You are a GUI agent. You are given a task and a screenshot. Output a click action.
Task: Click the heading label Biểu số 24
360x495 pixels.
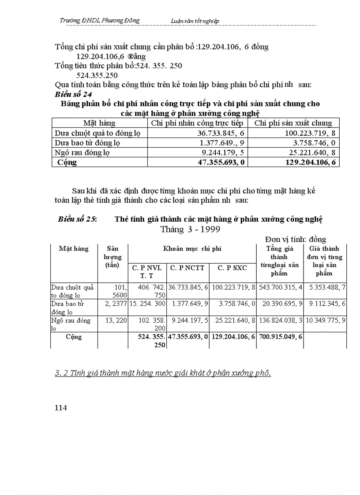pos(74,94)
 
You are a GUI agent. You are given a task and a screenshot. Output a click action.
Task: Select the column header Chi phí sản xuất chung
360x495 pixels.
pos(293,123)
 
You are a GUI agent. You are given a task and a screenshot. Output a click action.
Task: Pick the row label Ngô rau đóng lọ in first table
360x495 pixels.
pos(82,153)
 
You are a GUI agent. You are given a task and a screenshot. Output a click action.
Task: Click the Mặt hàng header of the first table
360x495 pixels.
pos(99,123)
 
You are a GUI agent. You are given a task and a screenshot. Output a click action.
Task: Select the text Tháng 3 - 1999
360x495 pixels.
pos(190,229)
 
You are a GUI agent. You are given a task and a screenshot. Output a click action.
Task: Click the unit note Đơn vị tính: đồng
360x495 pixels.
pos(295,239)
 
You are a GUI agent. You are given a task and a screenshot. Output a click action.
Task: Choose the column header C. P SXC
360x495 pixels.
pos(232,267)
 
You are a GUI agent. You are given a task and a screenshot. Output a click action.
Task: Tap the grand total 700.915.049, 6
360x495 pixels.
pos(280,337)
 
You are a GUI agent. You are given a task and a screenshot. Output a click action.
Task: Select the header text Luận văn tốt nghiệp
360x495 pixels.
pos(195,21)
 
